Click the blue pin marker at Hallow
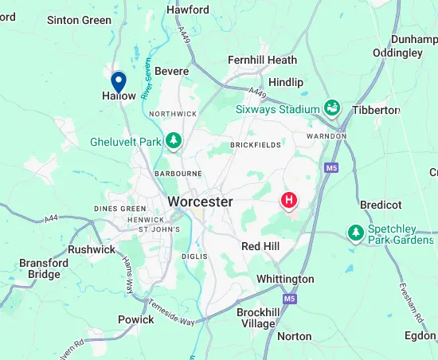(x=119, y=82)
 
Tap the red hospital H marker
(x=290, y=200)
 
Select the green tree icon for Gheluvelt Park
(x=174, y=142)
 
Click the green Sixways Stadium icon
(x=332, y=108)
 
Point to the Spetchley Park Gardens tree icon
(x=355, y=232)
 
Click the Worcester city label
(x=200, y=202)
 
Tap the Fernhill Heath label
(x=262, y=60)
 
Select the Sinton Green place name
(x=80, y=20)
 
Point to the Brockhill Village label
(x=258, y=318)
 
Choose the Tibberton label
(x=376, y=110)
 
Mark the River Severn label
(x=147, y=81)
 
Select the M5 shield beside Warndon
(x=330, y=166)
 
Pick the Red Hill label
(x=260, y=247)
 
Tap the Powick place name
(x=135, y=319)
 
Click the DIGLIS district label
(x=194, y=256)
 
